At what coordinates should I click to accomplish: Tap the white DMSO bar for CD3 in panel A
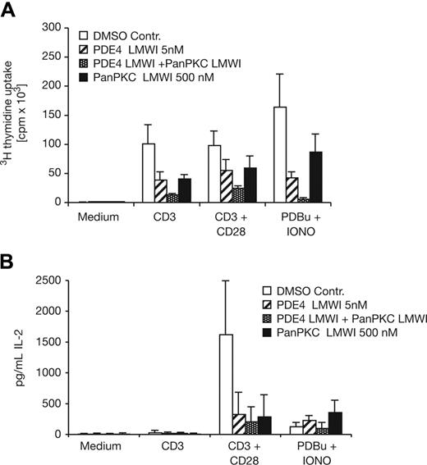tap(149, 172)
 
